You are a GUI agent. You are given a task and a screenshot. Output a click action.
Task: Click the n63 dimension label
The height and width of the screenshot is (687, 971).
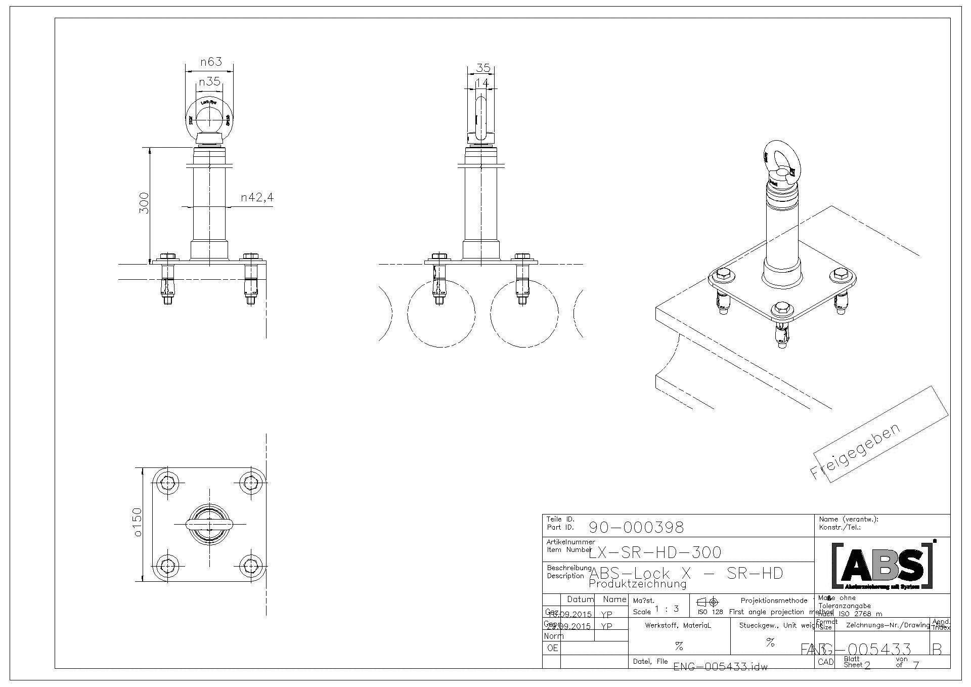coord(211,62)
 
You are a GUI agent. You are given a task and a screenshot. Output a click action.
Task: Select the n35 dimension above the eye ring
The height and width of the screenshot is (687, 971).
coord(209,81)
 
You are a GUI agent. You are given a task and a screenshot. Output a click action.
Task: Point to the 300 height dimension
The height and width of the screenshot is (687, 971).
coord(144,203)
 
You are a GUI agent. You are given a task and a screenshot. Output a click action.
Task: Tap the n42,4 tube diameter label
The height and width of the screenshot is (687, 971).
coord(257,197)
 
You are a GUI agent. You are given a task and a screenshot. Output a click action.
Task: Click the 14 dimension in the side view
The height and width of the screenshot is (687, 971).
coord(482,82)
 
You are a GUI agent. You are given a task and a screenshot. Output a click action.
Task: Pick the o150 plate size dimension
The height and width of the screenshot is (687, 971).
coord(138,522)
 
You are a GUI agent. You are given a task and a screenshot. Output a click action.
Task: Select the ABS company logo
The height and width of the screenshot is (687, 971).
coord(882,566)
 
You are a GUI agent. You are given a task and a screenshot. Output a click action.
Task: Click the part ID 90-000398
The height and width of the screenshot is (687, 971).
coord(636,528)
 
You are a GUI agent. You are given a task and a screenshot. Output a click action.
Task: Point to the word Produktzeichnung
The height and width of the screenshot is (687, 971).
coord(638,584)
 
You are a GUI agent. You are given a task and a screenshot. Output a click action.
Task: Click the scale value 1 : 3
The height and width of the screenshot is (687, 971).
coord(667,609)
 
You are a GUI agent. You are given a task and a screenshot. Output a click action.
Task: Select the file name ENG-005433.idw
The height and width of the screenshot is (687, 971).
coord(721,667)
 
